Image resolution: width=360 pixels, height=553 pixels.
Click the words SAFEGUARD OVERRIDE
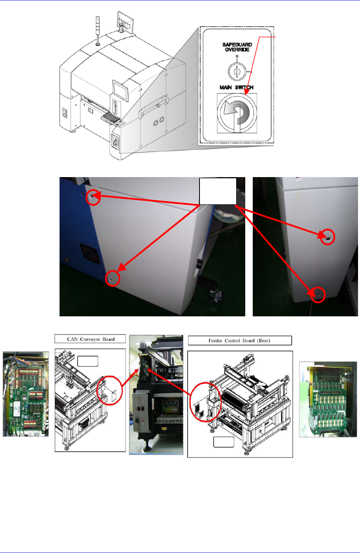click(237, 47)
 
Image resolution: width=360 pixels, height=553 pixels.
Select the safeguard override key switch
click(237, 71)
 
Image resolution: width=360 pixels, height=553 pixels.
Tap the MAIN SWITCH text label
click(237, 87)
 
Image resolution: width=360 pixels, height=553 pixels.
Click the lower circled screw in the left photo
click(113, 278)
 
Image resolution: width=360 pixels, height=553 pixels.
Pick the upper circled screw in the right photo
click(327, 237)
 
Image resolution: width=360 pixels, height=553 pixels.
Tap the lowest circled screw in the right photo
click(318, 294)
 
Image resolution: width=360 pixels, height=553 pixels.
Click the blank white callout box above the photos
click(218, 191)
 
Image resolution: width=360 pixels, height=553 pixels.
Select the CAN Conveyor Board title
click(91, 339)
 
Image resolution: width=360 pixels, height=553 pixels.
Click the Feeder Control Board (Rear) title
click(239, 340)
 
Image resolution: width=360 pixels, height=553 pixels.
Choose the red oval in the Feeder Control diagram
click(206, 407)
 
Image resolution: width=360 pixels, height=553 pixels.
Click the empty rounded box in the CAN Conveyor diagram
click(88, 361)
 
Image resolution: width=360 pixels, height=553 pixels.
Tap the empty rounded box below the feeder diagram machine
click(224, 442)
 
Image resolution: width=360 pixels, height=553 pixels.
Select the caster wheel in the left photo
click(215, 295)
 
